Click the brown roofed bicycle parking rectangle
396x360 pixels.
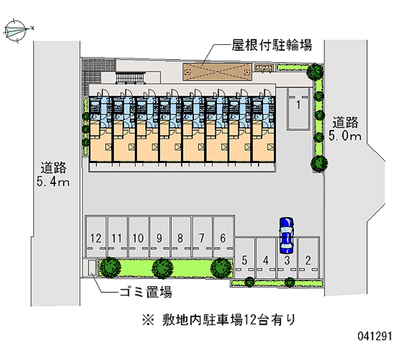tap(216, 72)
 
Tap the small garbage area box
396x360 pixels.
tap(92, 267)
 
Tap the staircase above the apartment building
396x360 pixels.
tap(131, 77)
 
